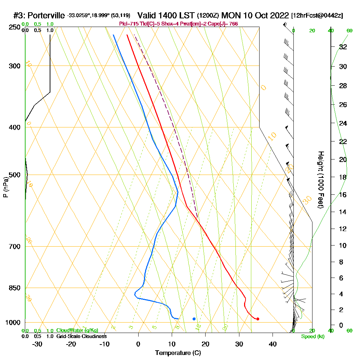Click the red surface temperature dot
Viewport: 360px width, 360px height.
(x=258, y=319)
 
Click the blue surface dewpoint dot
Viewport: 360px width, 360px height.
(x=194, y=319)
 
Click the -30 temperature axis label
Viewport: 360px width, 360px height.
(x=37, y=344)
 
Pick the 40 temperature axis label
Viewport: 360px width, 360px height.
(x=273, y=344)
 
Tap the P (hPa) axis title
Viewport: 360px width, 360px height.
(x=5, y=187)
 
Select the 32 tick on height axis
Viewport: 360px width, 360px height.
(x=343, y=47)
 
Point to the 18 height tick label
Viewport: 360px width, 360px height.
(x=343, y=177)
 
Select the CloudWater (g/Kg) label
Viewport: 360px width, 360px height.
(x=77, y=330)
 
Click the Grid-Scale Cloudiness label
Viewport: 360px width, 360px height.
(x=81, y=336)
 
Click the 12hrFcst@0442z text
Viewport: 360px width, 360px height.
(x=317, y=16)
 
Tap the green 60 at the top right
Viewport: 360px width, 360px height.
(x=349, y=31)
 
